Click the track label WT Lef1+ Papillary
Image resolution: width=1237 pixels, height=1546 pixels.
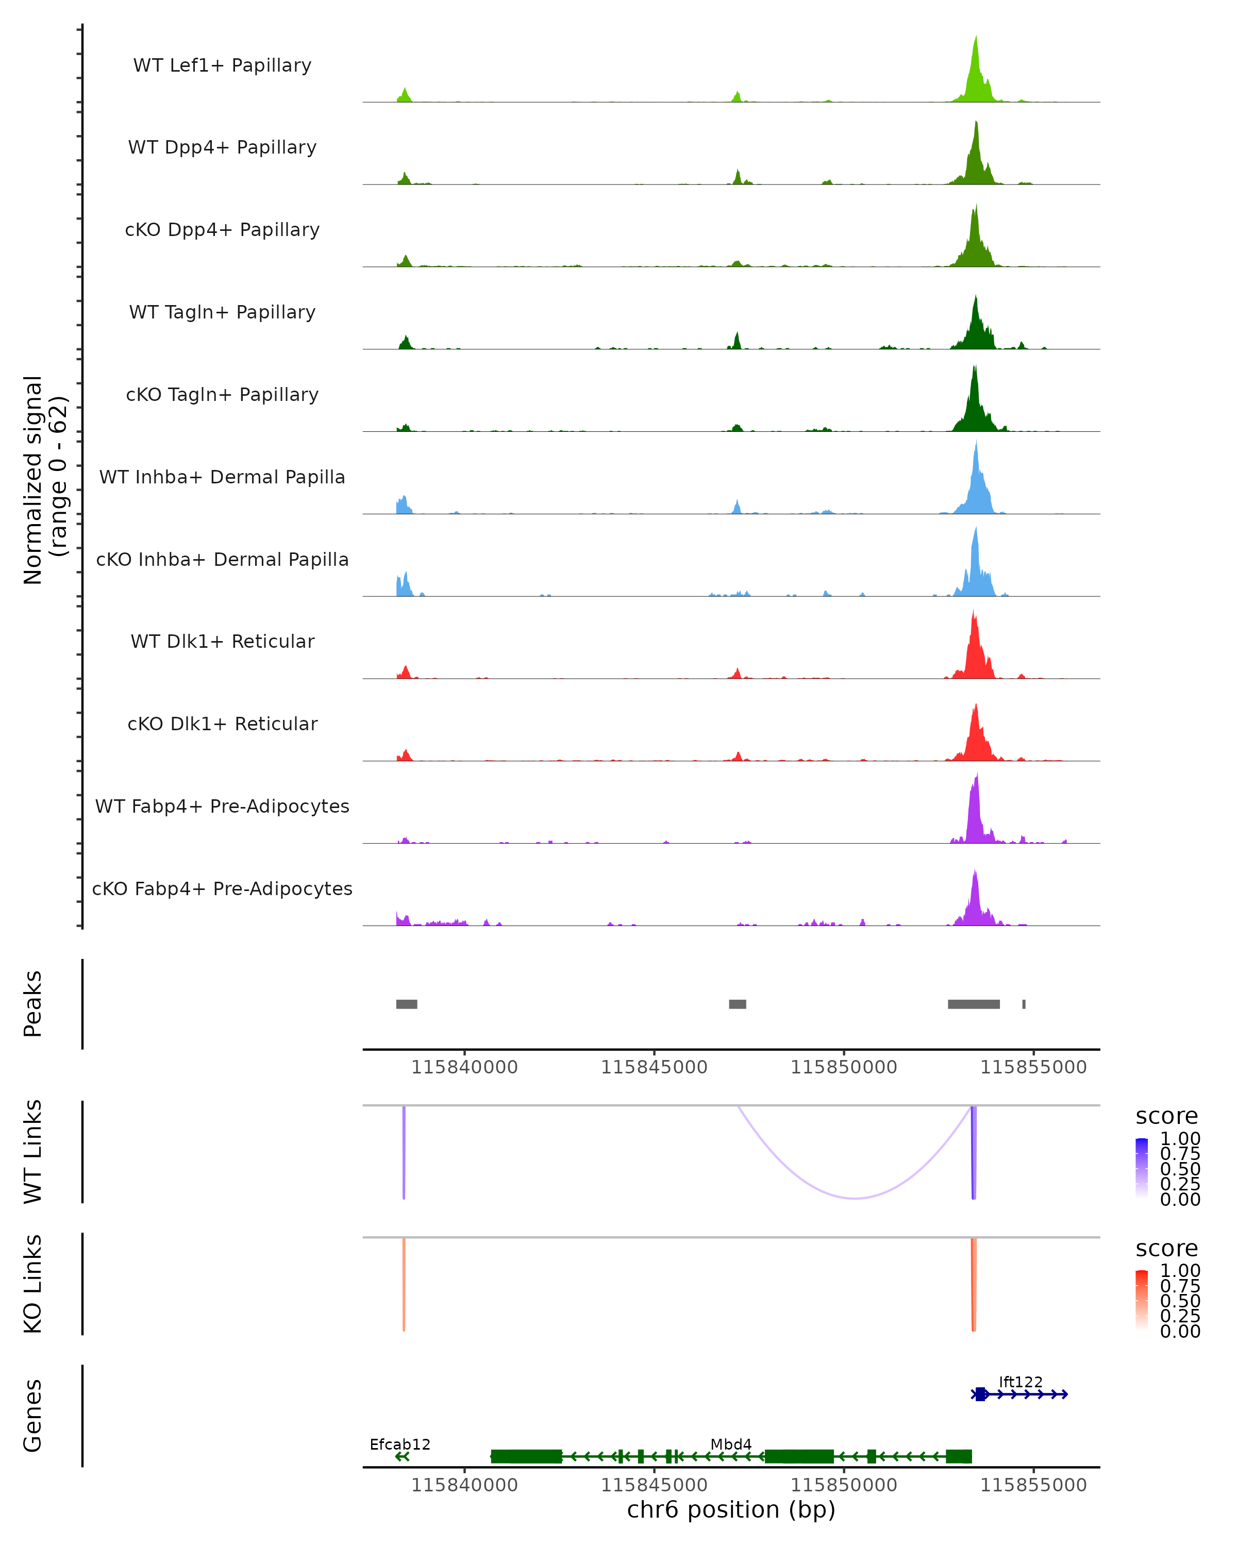click(222, 65)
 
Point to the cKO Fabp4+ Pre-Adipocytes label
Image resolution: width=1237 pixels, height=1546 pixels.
click(222, 888)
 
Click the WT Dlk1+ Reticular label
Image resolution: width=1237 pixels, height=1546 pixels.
click(222, 642)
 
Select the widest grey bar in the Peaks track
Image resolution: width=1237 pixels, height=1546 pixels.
click(973, 1004)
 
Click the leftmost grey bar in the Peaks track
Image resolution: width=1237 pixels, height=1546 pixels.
click(407, 1004)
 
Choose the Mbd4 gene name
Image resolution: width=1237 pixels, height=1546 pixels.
click(731, 1444)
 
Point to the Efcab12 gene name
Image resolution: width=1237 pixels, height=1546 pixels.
click(400, 1444)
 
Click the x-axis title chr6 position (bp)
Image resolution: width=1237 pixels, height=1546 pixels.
click(731, 1509)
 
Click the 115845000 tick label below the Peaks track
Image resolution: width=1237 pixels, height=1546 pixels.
click(654, 1067)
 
